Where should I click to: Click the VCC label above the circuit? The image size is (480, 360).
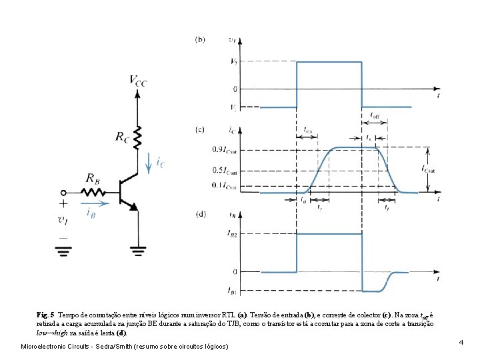[138, 81]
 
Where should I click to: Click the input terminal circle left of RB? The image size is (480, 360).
[64, 191]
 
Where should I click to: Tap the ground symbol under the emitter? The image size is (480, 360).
[138, 251]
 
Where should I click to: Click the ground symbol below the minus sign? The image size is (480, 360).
[64, 251]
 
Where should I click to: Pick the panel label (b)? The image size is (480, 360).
[200, 39]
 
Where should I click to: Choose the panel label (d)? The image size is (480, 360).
[200, 214]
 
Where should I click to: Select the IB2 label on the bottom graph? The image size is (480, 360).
[233, 234]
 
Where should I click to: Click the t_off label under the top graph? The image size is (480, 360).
[375, 114]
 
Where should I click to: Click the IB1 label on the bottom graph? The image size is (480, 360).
[233, 291]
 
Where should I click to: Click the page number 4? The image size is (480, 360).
[461, 342]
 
